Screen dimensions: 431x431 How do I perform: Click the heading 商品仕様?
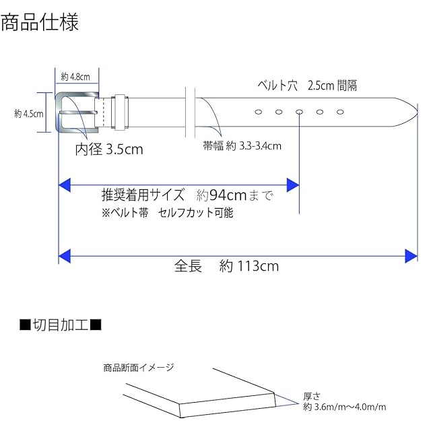pos(40,22)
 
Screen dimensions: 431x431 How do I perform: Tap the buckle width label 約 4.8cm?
pos(75,77)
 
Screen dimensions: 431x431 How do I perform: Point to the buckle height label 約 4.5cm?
pos(29,114)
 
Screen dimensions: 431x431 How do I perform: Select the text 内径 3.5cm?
pos(109,150)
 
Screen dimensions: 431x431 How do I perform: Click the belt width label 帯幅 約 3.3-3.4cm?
pos(242,145)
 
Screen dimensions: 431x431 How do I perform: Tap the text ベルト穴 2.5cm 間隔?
pos(307,86)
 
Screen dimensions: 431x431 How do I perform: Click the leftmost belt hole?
pos(259,112)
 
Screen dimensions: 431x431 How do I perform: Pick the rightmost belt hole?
pos(340,112)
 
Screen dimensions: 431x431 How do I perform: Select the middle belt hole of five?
pos(299,112)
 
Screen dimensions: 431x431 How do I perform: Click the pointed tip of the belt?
pos(418,112)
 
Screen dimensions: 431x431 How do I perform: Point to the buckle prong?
pos(79,112)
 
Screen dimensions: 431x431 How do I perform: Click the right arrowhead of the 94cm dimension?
pos(293,185)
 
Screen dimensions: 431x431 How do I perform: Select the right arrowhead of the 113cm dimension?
pos(411,256)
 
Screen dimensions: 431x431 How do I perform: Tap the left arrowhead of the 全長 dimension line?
pos(65,256)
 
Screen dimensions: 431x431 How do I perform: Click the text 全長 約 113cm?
pos(226,266)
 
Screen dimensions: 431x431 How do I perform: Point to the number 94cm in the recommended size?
pos(228,195)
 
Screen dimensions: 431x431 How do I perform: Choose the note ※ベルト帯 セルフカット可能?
pos(168,213)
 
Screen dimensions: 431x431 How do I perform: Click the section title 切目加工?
pos(61,325)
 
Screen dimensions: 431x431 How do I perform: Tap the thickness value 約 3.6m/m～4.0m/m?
pos(345,407)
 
